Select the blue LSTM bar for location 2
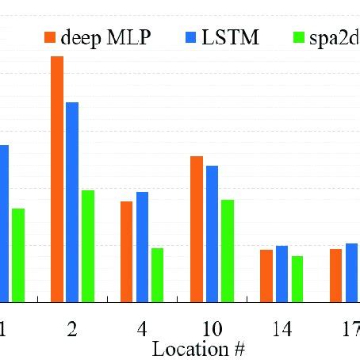click(72, 202)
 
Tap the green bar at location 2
click(88, 246)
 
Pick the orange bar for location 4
click(127, 251)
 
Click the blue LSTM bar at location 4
click(142, 247)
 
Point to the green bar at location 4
click(158, 275)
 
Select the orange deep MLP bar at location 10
click(197, 229)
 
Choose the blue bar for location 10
click(212, 234)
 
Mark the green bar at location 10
click(228, 251)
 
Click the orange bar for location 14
click(266, 276)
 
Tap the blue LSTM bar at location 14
click(281, 274)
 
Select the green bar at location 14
click(297, 278)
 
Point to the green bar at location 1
click(18, 255)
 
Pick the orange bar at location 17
click(336, 275)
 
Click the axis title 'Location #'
click(197, 349)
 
